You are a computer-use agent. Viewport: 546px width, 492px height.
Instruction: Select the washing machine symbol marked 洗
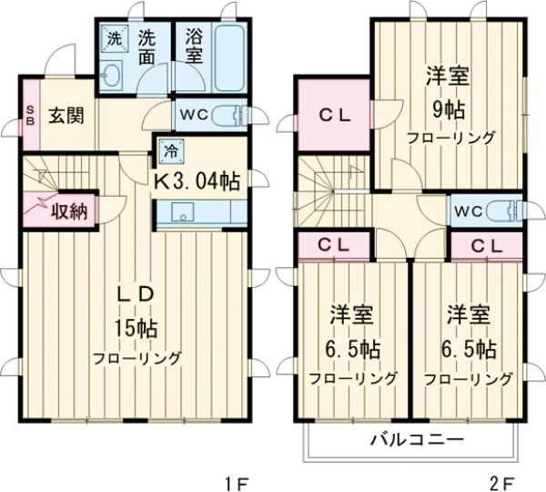pos(115,39)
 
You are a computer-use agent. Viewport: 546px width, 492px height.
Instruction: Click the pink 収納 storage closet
pos(60,211)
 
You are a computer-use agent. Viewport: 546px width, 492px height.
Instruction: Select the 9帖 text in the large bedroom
pos(446,110)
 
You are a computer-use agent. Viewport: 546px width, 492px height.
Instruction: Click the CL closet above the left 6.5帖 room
pos(333,244)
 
